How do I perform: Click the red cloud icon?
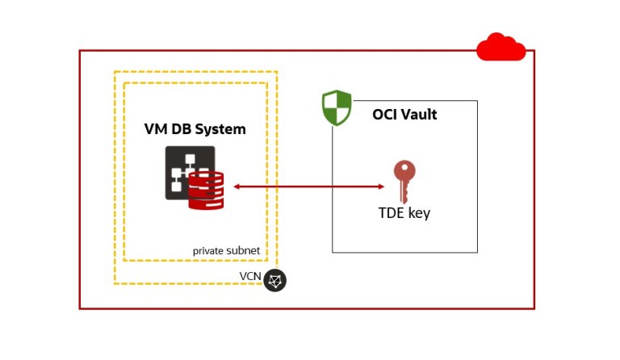(501, 48)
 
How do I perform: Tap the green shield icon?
(337, 108)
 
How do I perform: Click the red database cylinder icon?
(206, 190)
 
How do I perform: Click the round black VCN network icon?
(275, 280)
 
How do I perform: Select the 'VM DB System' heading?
(195, 129)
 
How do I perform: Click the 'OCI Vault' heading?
(404, 115)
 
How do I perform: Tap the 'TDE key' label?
(404, 214)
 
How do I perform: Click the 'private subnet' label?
(226, 251)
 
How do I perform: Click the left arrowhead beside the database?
(237, 187)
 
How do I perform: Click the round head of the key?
(404, 170)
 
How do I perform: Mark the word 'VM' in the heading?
(155, 129)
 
